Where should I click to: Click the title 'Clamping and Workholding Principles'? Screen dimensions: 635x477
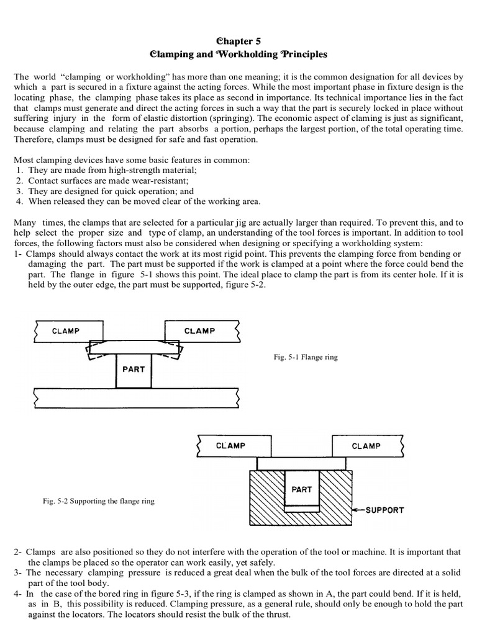click(x=238, y=55)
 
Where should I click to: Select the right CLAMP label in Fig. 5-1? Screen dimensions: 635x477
click(x=199, y=331)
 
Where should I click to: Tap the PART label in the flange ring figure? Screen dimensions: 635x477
click(x=134, y=369)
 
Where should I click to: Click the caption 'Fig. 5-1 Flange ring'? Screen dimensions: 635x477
click(x=306, y=358)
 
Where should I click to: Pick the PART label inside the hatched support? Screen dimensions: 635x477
click(x=302, y=489)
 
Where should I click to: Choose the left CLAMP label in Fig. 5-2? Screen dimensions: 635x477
click(x=230, y=446)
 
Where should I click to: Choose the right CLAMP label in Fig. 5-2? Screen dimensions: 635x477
click(x=366, y=446)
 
